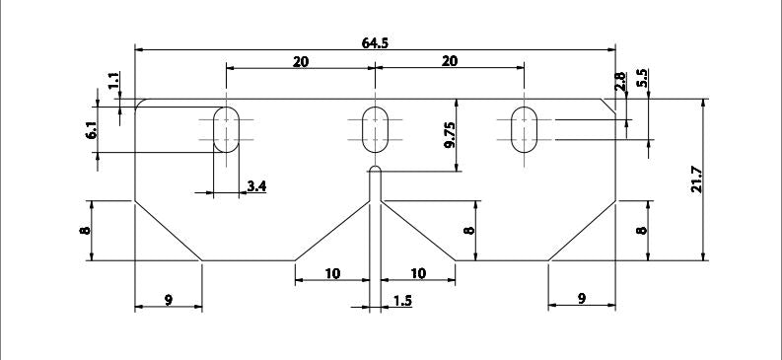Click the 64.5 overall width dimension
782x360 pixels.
375,42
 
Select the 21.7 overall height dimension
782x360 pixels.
697,179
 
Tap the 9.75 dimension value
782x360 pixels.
450,136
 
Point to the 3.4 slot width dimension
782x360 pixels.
256,186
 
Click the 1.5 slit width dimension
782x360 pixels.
402,301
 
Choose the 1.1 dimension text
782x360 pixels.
113,80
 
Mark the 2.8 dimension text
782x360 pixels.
620,81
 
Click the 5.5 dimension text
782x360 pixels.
642,78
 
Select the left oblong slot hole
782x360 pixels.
227,129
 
